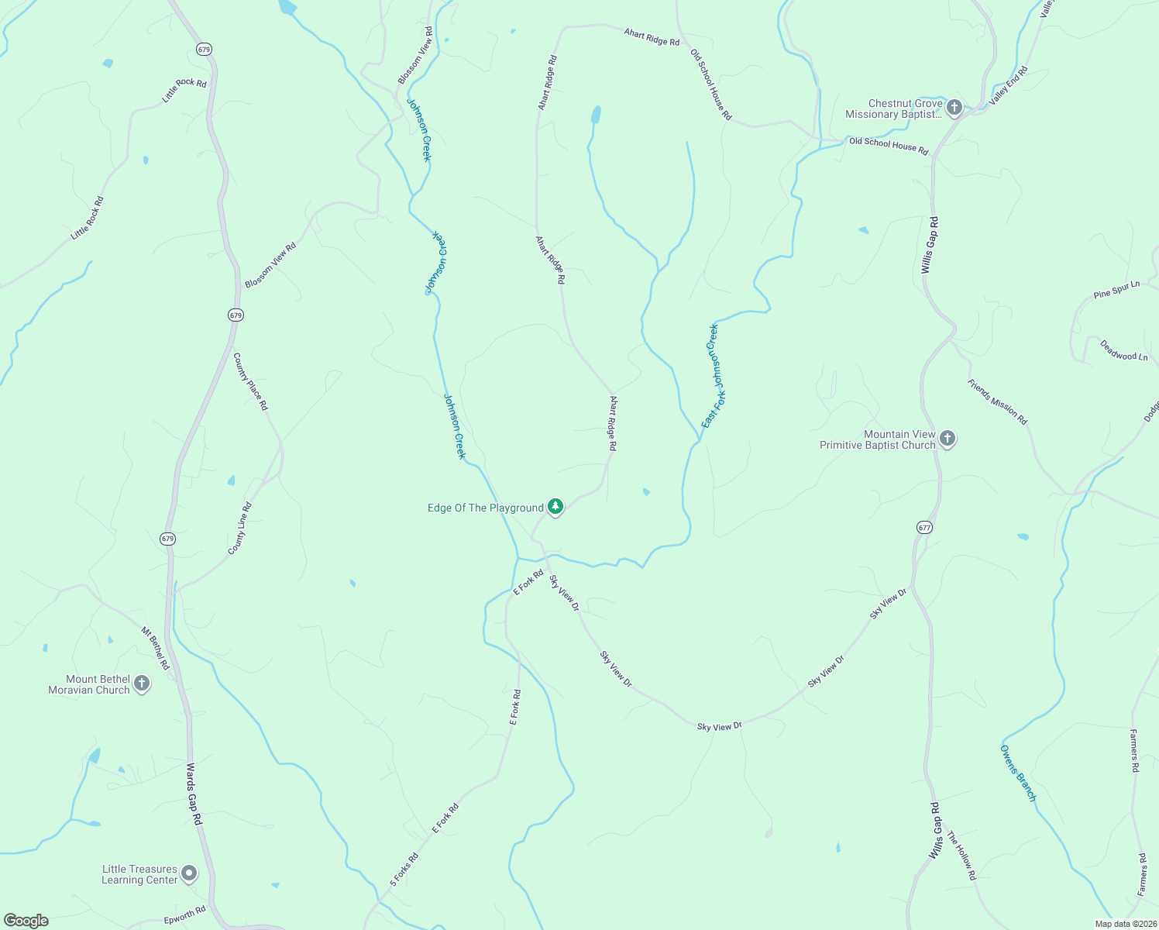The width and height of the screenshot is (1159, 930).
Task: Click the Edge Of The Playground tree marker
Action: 555,507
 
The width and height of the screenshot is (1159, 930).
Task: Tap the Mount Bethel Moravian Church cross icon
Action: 141,684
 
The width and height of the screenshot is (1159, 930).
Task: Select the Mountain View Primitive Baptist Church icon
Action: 947,439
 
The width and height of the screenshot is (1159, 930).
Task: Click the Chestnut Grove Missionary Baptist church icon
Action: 954,108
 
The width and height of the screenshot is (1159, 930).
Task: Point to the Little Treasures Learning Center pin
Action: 188,874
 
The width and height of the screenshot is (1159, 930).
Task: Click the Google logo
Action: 26,921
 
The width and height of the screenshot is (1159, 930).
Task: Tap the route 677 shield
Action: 923,527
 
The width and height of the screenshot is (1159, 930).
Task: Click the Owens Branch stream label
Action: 1017,773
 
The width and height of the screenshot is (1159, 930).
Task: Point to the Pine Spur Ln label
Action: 1116,291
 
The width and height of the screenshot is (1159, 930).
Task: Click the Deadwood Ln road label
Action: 1124,350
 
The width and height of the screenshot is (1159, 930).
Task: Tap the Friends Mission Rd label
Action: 997,401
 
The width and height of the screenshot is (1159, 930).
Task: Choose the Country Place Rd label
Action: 250,381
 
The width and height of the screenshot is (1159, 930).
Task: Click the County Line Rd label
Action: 239,529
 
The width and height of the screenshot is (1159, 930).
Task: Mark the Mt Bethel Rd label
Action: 155,648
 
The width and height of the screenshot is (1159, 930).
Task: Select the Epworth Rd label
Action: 184,916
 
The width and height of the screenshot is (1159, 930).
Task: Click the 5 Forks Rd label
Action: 404,870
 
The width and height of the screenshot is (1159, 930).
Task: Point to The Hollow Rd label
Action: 961,856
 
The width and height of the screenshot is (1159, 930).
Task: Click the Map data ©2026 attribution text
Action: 1125,924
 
